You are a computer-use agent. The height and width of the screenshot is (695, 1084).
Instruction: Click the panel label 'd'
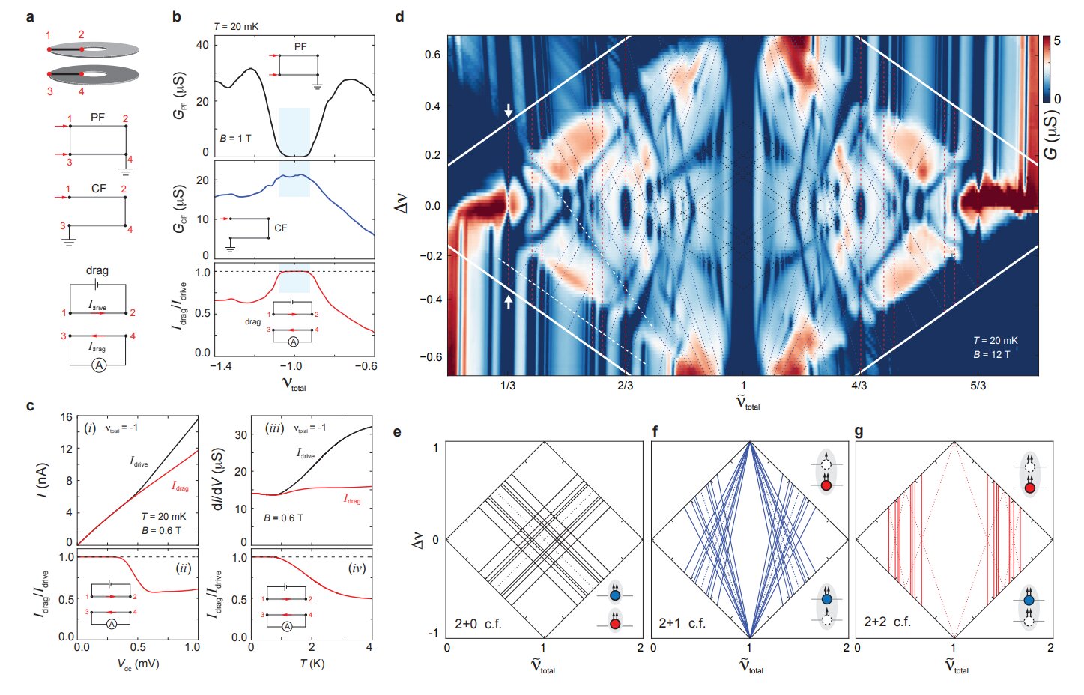pos(399,16)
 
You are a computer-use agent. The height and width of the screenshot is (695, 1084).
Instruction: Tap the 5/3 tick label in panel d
pos(978,386)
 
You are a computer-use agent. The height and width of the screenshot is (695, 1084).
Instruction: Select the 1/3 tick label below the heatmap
pos(508,386)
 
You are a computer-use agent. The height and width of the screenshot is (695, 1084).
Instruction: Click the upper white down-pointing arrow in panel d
pos(509,111)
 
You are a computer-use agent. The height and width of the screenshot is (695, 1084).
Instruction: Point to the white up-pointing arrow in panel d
pos(509,301)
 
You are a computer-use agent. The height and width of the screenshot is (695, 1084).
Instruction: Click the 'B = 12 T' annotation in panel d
pos(992,354)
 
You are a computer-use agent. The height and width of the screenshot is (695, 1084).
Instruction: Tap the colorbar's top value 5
pos(1057,41)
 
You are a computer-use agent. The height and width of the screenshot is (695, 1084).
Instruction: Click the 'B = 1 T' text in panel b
pos(236,139)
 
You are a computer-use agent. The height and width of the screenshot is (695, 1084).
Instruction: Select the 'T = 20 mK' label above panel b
pos(236,26)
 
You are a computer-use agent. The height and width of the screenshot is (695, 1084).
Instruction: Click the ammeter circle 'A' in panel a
pos(98,365)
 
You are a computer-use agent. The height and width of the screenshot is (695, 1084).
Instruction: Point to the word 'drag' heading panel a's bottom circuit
pos(97,270)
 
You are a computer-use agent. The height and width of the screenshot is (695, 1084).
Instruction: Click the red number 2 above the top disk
pos(81,34)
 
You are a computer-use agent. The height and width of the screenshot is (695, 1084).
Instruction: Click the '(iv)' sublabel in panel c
pos(357,568)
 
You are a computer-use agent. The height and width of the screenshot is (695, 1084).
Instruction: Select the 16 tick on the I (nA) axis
pos(67,417)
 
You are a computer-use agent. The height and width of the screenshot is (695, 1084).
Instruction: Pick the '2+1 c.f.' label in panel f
pos(682,623)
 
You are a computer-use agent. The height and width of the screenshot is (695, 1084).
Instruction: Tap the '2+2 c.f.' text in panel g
pos(887,622)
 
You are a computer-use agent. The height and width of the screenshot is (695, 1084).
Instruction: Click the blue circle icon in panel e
pos(615,596)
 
